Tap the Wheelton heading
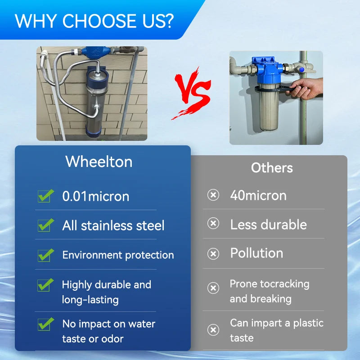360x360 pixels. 99,162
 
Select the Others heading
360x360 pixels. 272,168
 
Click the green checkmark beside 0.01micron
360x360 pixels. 45,196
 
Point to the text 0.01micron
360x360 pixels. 95,196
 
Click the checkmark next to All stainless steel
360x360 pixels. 45,225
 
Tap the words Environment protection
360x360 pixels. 118,255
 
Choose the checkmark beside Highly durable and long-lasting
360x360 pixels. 45,285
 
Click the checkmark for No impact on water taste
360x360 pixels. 45,324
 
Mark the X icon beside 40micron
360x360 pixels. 213,195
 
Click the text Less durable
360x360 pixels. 268,225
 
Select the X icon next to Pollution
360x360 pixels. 213,254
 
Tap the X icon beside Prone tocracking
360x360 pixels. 213,288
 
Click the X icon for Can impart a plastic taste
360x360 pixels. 213,330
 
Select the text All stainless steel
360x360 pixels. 113,225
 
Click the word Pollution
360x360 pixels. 256,253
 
